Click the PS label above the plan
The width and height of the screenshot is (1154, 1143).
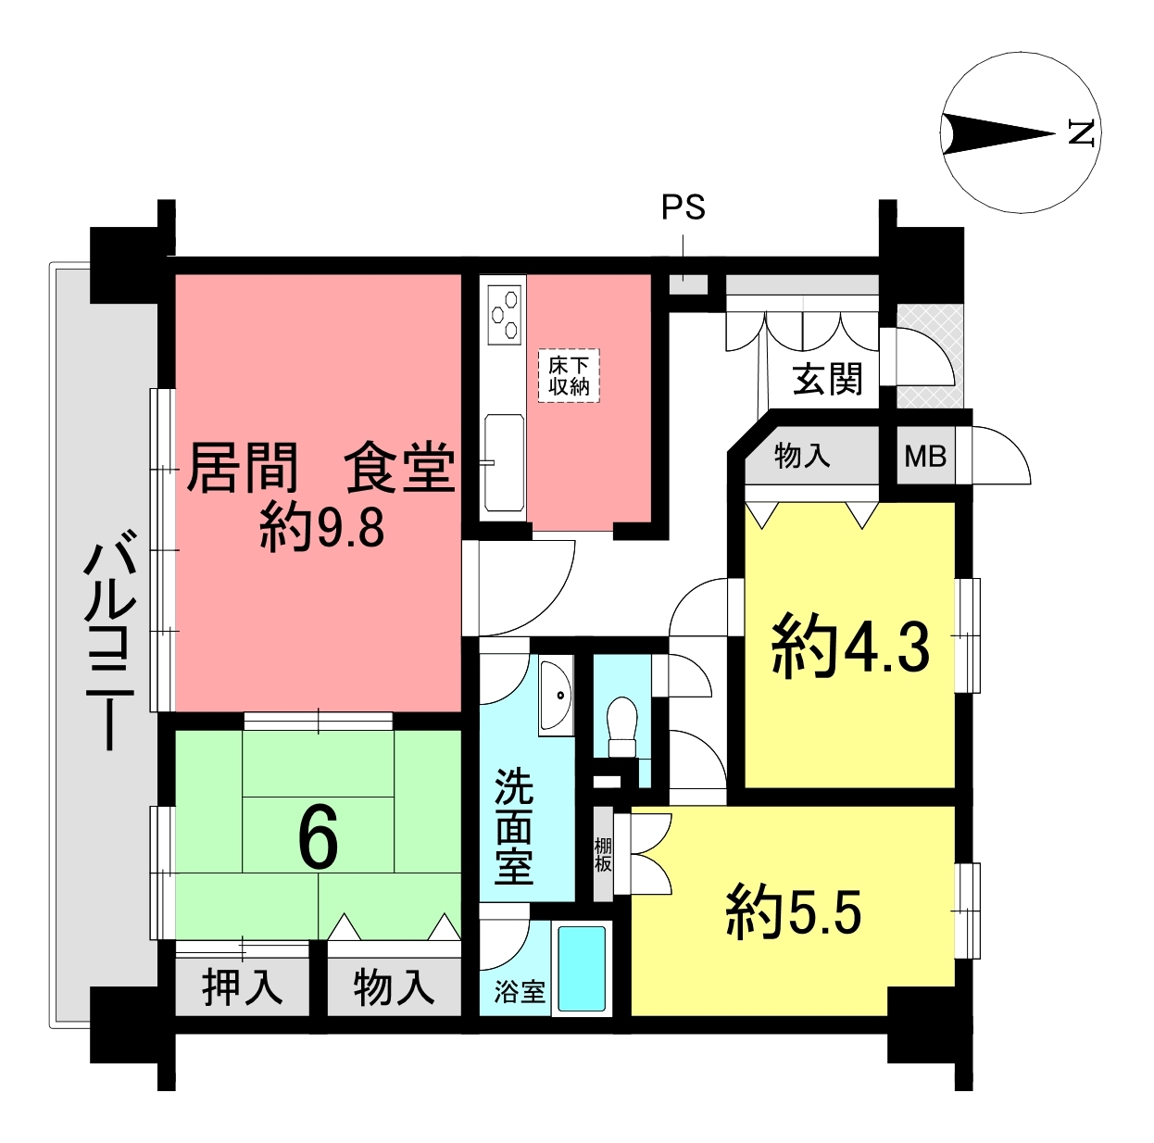[684, 207]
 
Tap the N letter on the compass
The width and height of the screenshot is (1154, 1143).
[1082, 132]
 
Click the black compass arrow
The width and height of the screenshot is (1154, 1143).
[997, 133]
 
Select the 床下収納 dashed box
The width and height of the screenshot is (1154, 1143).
[569, 376]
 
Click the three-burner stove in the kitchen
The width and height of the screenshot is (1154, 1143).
[504, 315]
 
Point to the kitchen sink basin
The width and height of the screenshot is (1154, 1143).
[504, 462]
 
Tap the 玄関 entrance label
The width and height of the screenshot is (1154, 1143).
[828, 379]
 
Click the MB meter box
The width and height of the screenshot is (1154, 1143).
[925, 457]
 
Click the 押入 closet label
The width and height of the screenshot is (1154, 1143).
[242, 987]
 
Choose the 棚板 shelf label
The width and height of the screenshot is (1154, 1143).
[603, 855]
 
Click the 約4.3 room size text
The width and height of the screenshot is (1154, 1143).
[850, 648]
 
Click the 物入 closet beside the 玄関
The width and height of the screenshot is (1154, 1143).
[802, 456]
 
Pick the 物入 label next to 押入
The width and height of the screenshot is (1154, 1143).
[394, 987]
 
